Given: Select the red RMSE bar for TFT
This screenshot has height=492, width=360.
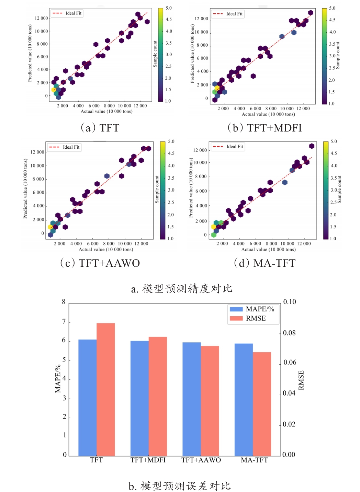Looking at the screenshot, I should coord(105,389).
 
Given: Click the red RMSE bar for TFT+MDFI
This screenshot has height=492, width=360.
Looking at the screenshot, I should coord(158,396).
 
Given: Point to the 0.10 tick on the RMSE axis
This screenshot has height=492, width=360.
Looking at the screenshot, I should coord(289,302).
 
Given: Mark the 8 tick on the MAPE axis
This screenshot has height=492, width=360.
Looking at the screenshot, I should coord(64,302).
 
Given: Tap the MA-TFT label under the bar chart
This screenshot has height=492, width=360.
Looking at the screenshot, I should coord(254,460).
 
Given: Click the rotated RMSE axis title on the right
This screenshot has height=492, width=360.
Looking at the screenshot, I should coord(301,380).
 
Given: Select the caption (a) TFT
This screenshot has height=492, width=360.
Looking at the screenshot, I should coord(100,128).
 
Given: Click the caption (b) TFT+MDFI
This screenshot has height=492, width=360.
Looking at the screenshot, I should coord(265,128).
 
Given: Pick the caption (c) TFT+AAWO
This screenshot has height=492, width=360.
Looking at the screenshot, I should coord(100,263).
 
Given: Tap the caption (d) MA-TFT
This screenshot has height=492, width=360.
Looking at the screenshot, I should coord(265,263).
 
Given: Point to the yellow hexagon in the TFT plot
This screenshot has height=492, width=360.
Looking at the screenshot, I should coord(54,90).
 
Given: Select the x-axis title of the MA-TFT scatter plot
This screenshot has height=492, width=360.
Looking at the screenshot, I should coord(268,250).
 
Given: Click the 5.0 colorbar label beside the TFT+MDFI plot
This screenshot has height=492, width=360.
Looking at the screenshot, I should coord(332,8).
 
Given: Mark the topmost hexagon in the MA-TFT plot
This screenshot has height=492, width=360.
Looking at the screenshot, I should coord(312,146).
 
